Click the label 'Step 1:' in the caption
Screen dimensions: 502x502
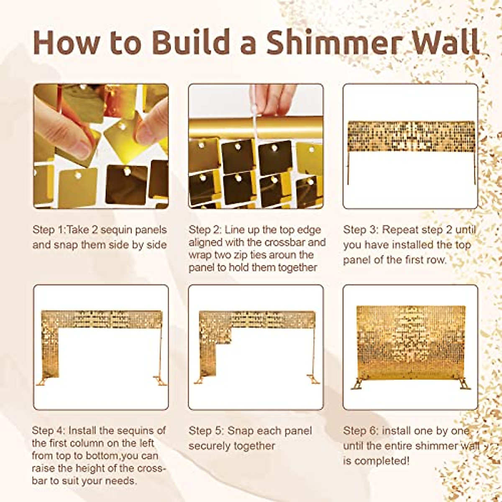(x=49, y=230)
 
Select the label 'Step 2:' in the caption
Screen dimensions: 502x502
(x=205, y=230)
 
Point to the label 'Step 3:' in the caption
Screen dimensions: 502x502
(x=360, y=230)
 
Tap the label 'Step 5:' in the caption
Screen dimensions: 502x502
(x=205, y=430)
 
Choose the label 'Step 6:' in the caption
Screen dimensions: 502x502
(x=360, y=430)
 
